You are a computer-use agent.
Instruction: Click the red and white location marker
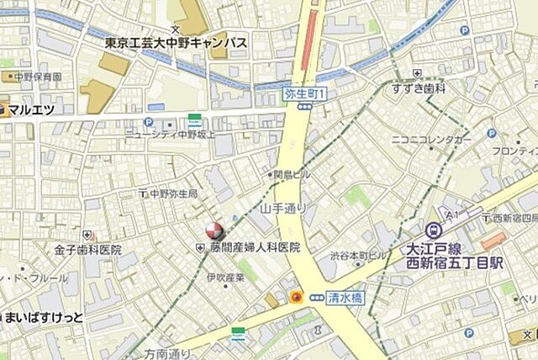tap(214, 230)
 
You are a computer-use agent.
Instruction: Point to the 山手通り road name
tap(283, 208)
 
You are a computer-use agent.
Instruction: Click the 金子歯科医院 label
tap(88, 250)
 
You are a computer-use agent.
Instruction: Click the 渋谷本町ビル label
tap(358, 255)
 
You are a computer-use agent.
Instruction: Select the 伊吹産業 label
tap(225, 278)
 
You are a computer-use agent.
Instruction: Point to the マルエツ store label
tap(31, 109)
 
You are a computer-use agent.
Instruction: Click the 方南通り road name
tap(167, 354)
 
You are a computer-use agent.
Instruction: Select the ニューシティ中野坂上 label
tap(171, 133)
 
